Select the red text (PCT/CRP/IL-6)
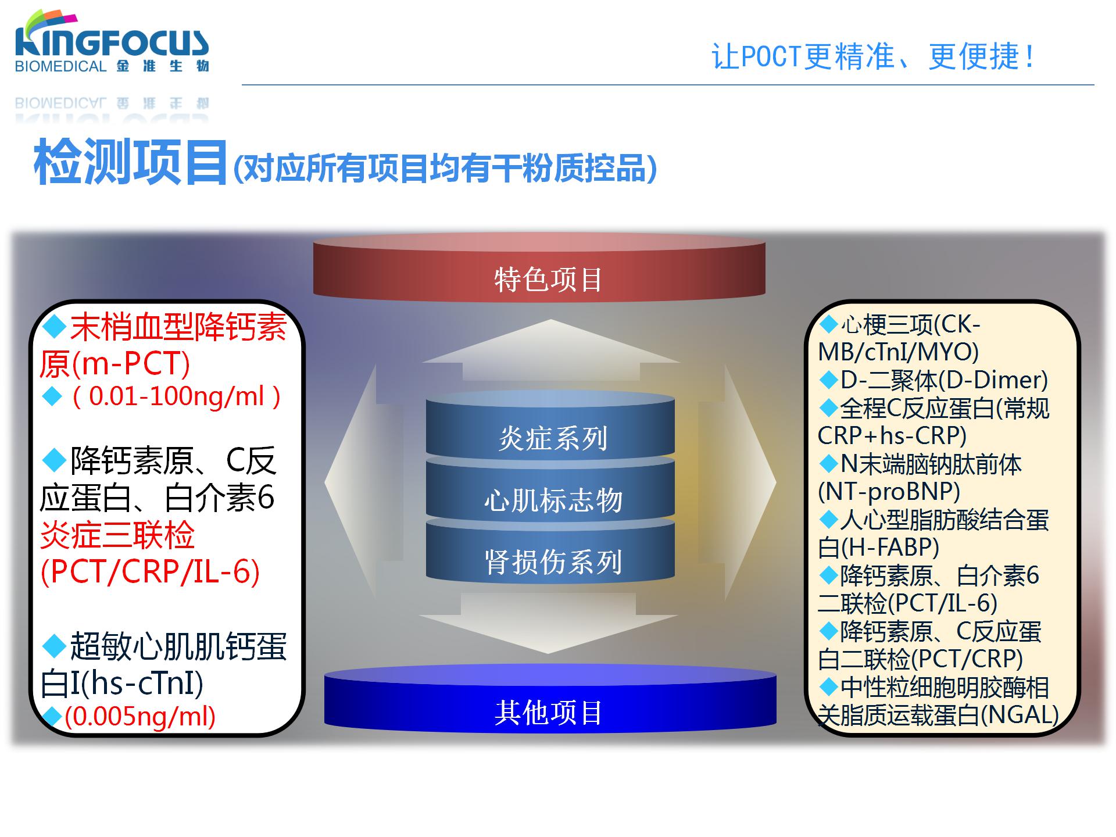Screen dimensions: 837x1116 150,572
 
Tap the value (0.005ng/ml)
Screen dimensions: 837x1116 140,716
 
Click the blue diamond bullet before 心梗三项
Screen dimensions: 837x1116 828,324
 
